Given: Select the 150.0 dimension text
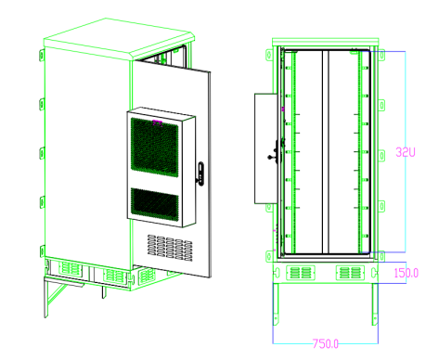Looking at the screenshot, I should click(406, 273).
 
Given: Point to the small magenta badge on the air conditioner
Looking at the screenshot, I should click(156, 121).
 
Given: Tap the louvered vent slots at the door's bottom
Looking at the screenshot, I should click(170, 246).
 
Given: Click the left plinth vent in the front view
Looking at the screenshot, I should click(301, 273).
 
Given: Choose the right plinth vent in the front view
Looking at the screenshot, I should click(349, 273).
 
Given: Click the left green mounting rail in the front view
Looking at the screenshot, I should click(290, 148).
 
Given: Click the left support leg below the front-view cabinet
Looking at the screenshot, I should click(275, 306).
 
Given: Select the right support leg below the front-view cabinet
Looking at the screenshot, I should click(375, 306).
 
